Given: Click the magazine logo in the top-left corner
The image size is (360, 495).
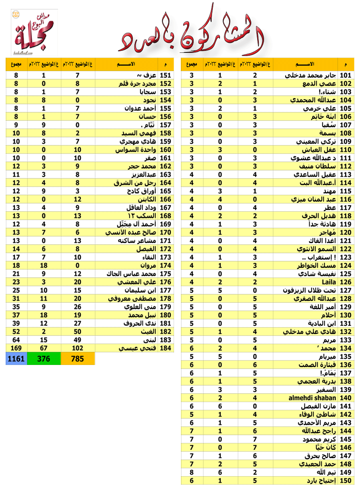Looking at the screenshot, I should (34, 32).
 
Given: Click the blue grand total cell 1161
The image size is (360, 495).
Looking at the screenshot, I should (16, 359).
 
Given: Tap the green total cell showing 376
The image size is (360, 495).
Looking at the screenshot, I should (44, 359).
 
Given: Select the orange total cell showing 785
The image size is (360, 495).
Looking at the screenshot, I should (77, 359).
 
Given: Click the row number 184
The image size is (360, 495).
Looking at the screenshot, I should (165, 348).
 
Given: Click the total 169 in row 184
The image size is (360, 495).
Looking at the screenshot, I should (16, 348).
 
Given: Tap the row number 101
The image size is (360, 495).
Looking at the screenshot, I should (345, 75).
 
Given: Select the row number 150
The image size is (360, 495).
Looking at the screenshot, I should (345, 481).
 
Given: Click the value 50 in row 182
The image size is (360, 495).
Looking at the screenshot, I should (78, 331).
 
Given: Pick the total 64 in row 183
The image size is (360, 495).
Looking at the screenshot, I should (16, 340).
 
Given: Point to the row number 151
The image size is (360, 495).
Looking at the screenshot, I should (165, 75).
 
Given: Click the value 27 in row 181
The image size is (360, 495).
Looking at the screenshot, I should (78, 323).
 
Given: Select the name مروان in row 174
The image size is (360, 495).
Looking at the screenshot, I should (148, 265).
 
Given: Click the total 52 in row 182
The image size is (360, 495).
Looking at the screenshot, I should (16, 331).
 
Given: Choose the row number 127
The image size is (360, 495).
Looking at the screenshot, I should (345, 290).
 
